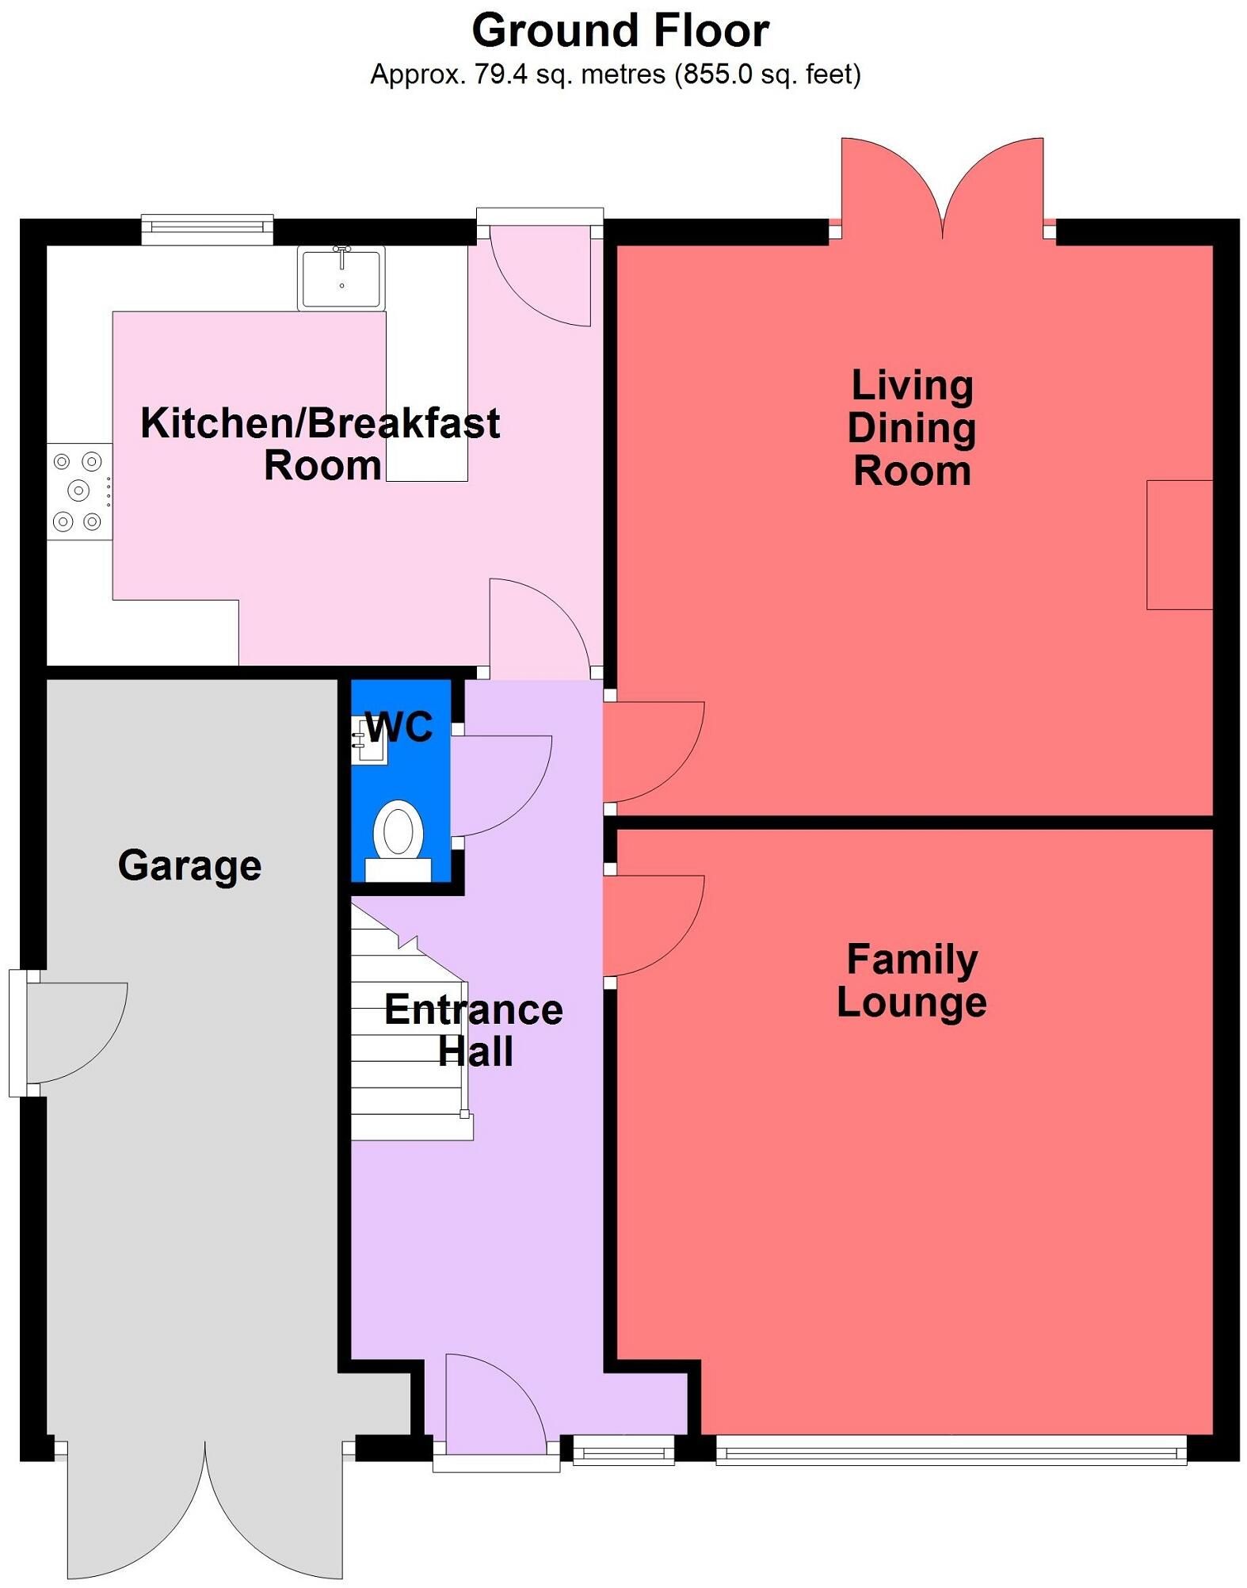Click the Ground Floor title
pos(620,32)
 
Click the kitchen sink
pos(341,277)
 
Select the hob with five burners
pos(79,491)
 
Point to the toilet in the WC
pos(399,841)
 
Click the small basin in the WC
pos(369,741)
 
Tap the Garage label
pos(189,865)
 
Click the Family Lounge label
pos(912,980)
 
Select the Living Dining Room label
pos(912,428)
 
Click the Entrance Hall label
pos(474,1030)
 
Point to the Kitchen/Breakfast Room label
pos(320,444)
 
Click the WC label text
pos(399,727)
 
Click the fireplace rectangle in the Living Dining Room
pos(1180,544)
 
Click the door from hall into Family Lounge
pos(654,926)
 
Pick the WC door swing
pos(501,785)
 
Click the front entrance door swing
pos(496,1404)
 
